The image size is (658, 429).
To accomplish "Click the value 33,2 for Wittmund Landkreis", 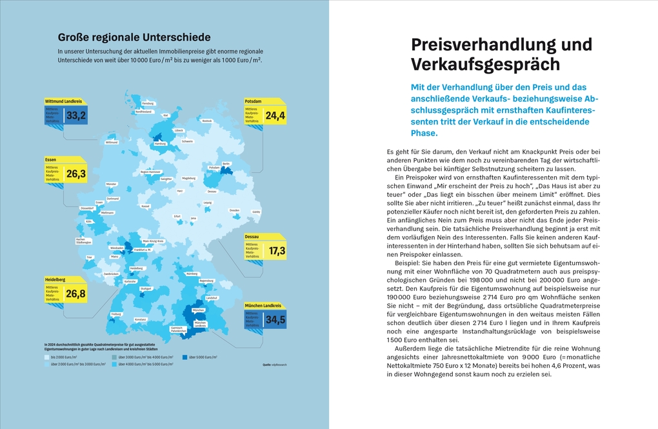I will (x=76, y=116).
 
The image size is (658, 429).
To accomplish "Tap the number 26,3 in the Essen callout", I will (x=76, y=174).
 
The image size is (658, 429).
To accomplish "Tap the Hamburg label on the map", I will (x=161, y=144).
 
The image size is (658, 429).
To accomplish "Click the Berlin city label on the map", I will (x=226, y=164).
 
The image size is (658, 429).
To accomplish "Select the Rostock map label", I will (x=207, y=121).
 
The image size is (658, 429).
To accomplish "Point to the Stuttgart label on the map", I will (x=145, y=288).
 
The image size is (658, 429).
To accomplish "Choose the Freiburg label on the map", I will (x=116, y=314).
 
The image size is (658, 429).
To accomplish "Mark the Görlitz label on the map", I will (x=256, y=212).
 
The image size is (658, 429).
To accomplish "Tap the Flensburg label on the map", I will (x=148, y=103).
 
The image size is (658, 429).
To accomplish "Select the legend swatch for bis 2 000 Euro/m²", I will (x=46, y=357).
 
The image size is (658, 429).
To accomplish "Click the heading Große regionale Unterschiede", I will (x=134, y=37).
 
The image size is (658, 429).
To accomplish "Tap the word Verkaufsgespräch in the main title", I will (x=486, y=65).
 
